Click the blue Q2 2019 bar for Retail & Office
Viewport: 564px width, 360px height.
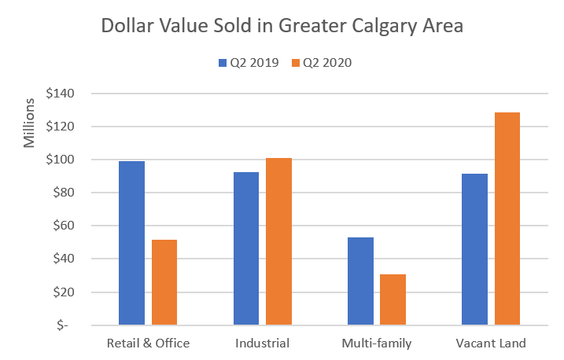(131, 243)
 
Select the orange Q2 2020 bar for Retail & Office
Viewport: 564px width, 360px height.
(164, 282)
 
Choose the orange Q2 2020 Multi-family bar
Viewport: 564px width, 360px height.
(393, 299)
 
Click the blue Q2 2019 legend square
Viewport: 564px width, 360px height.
(222, 63)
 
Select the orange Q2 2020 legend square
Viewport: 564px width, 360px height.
(296, 63)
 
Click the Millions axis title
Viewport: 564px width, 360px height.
(29, 123)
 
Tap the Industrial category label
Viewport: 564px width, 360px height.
(263, 343)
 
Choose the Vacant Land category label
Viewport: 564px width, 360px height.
(491, 343)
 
